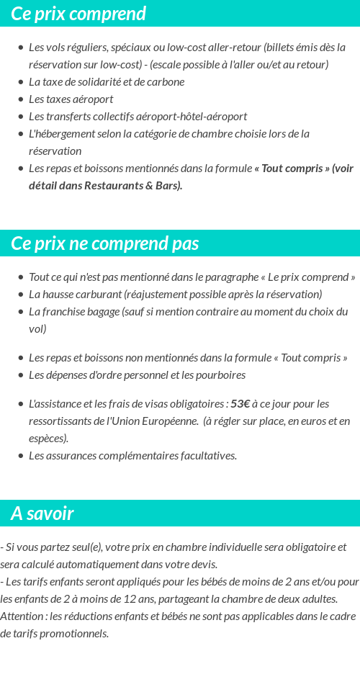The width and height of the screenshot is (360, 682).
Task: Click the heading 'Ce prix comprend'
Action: click(78, 14)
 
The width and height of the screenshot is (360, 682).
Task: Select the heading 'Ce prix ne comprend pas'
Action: click(105, 243)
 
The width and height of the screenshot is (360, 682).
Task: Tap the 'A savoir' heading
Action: click(42, 513)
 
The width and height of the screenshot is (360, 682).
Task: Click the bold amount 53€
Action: click(240, 403)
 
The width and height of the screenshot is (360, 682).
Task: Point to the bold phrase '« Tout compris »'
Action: click(292, 168)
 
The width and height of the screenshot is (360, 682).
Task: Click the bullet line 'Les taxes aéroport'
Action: click(71, 99)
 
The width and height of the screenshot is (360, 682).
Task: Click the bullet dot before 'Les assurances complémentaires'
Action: click(21, 456)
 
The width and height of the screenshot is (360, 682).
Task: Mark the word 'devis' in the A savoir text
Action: click(202, 564)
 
